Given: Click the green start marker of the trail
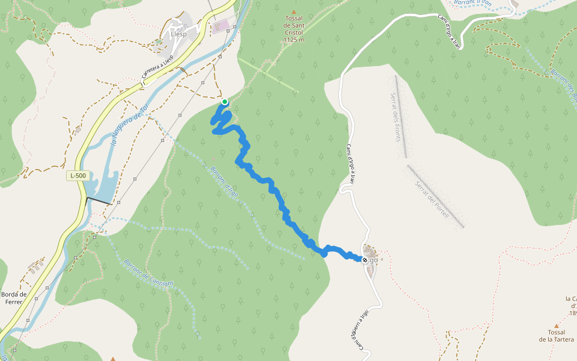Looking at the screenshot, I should [x=224, y=102].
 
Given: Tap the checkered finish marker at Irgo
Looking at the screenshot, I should [x=365, y=260].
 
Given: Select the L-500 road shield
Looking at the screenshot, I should [x=78, y=176].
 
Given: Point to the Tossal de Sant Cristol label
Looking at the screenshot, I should [x=293, y=26].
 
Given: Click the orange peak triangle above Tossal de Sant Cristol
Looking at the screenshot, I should [x=294, y=11].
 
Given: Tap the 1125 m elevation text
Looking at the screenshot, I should [x=293, y=40].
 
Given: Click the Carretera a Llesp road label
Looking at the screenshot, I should [x=162, y=66].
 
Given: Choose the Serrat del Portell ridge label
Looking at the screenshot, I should [x=432, y=199].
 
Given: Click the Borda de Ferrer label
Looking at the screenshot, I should [x=14, y=298].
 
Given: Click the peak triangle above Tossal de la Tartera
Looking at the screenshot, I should [x=556, y=326].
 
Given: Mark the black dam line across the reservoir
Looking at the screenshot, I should [x=99, y=201].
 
